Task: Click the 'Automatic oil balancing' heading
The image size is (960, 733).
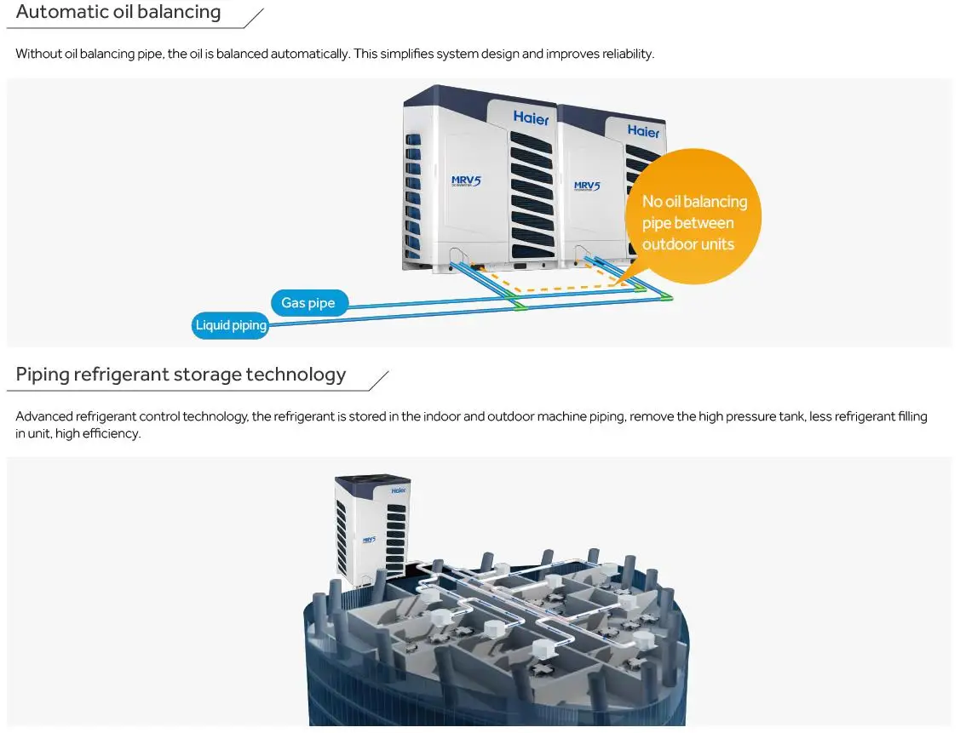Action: (118, 13)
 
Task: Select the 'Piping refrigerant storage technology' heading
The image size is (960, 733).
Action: (181, 375)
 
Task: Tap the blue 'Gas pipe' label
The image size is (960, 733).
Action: (308, 303)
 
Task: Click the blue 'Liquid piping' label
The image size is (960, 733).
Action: (231, 325)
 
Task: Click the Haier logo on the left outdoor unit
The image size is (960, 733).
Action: (531, 118)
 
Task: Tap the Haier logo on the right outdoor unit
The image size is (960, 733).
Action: (643, 131)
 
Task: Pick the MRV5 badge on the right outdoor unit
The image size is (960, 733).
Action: (587, 186)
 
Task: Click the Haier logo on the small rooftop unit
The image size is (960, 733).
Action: (400, 490)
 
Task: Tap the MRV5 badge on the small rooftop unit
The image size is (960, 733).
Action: (369, 540)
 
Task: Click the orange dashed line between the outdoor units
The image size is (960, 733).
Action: (554, 288)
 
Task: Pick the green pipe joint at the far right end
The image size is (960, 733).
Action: (667, 297)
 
